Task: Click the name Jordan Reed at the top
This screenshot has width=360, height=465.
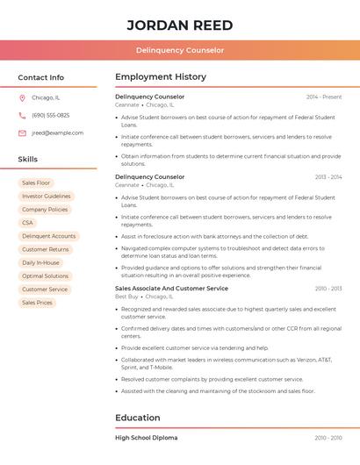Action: coord(179,25)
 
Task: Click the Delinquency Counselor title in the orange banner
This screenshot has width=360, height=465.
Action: coord(179,50)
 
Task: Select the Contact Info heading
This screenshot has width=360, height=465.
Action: coord(40,77)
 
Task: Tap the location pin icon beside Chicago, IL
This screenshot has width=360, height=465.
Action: coord(22,97)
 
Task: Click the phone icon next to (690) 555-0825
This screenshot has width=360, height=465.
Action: coord(22,115)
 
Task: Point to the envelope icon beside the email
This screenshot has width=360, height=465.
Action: coord(22,133)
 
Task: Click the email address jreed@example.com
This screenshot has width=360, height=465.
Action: coord(57,133)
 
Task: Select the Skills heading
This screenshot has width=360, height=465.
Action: coord(28,160)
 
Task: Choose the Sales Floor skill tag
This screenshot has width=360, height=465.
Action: coord(36,182)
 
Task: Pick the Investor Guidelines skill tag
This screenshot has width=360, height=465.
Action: coord(46,197)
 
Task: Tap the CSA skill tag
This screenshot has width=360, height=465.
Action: coord(27,223)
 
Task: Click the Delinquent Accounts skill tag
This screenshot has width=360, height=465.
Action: coord(48,236)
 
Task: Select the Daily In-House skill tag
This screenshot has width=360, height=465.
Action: coord(40,262)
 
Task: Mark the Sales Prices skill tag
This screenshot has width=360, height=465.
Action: coord(37,303)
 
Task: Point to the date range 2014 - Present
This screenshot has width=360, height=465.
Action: coord(324,97)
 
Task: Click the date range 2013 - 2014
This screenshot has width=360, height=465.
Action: coord(328,177)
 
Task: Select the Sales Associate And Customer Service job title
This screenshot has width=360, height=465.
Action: coord(171,289)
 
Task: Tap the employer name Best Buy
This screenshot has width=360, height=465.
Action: coord(126,297)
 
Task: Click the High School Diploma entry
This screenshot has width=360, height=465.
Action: coord(146,437)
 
